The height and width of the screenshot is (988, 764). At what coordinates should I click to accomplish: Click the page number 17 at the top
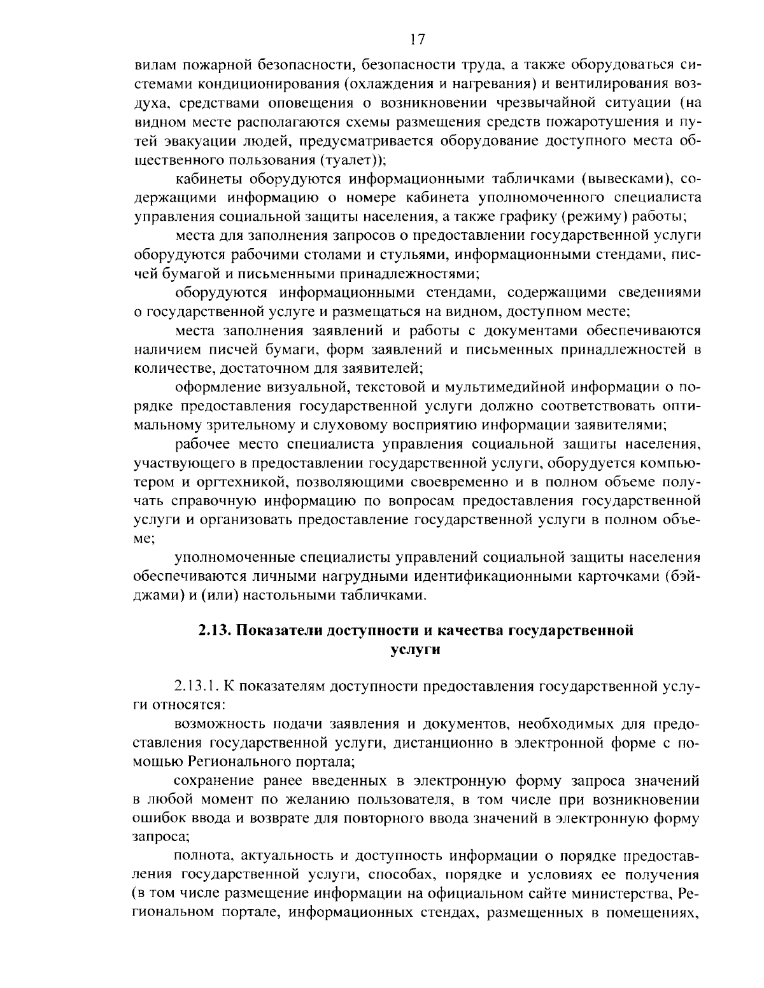(x=417, y=39)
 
